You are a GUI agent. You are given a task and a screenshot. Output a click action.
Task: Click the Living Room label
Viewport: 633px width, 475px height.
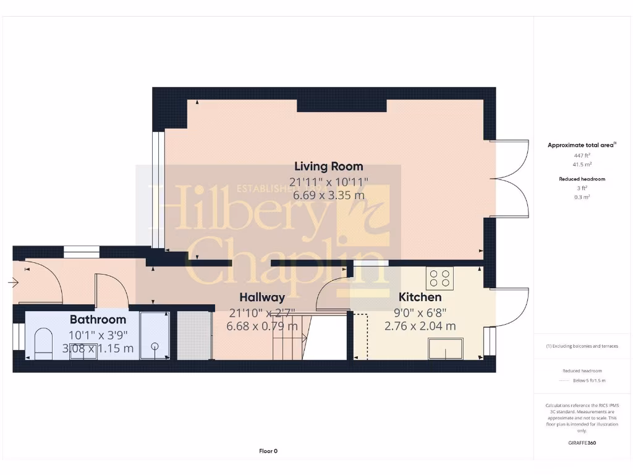328,166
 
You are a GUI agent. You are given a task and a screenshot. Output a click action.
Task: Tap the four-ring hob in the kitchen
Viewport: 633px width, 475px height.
440,277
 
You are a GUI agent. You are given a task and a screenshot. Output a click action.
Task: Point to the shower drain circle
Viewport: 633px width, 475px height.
155,347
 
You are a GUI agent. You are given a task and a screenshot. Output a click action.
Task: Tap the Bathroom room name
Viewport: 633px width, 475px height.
98,320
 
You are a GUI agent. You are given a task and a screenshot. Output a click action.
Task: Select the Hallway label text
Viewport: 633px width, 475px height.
262,297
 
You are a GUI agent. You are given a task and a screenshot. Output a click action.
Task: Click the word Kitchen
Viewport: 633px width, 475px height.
420,297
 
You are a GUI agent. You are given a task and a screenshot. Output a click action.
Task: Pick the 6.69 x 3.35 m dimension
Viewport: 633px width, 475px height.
328,195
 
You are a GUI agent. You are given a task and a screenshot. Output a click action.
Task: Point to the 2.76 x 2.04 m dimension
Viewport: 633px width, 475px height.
420,326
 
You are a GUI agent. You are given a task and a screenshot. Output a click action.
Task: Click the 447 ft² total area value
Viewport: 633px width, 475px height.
581,156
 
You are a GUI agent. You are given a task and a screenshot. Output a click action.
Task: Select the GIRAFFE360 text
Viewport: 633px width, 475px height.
582,443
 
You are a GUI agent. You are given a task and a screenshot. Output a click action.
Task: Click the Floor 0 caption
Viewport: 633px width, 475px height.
268,451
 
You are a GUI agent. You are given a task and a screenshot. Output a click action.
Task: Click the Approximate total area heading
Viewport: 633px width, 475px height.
580,145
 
